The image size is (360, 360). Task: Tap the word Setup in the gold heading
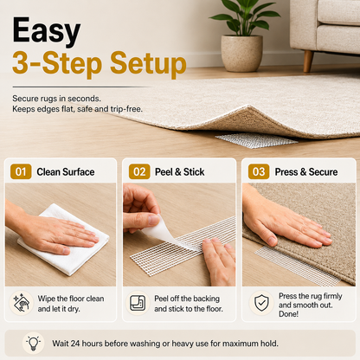point(148,64)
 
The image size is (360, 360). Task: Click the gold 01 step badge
point(21,171)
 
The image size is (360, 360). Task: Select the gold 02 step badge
point(139,171)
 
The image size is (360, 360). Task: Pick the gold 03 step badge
point(259,171)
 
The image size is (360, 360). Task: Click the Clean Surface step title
point(66,172)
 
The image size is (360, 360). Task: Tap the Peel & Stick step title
point(179,172)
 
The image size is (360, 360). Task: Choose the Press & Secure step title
point(306,172)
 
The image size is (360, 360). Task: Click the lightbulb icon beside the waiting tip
point(33,344)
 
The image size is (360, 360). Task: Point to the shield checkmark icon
point(261,303)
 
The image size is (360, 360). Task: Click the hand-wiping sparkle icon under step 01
point(22,303)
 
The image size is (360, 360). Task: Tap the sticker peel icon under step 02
point(138,303)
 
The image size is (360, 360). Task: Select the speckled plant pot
point(241,53)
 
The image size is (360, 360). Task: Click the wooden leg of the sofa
point(308,61)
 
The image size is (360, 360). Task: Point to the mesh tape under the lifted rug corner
point(256,140)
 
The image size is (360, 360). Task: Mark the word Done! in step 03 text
point(288,314)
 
